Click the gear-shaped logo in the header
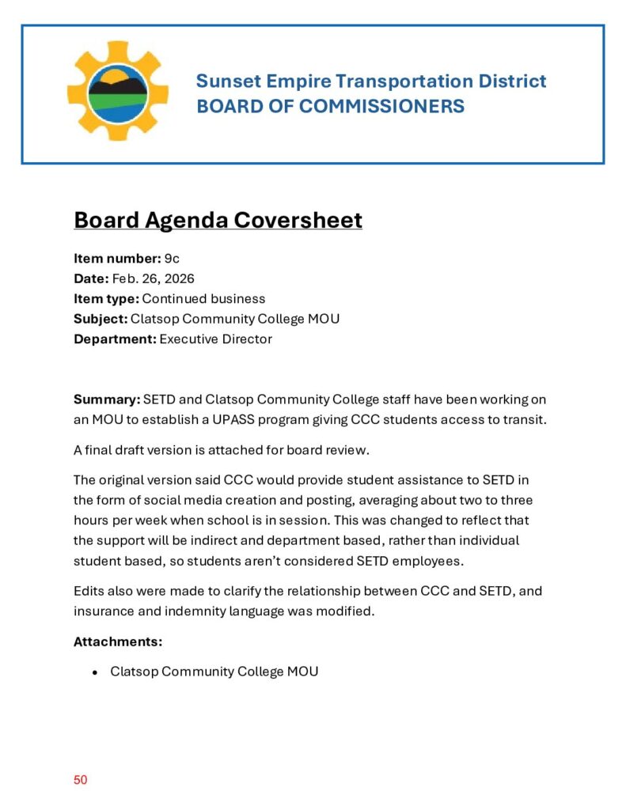pyautogui.click(x=117, y=92)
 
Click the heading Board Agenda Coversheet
pyautogui.click(x=218, y=219)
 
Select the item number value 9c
pyautogui.click(x=172, y=258)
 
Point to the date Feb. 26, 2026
pyautogui.click(x=153, y=278)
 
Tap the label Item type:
pyautogui.click(x=106, y=299)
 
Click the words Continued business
pyautogui.click(x=203, y=299)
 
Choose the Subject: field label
pyautogui.click(x=101, y=319)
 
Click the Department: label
pyautogui.click(x=115, y=339)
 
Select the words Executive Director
pyautogui.click(x=215, y=339)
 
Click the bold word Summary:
pyautogui.click(x=107, y=399)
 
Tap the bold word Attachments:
pyautogui.click(x=118, y=642)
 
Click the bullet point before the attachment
pyautogui.click(x=95, y=672)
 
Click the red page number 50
pyautogui.click(x=80, y=780)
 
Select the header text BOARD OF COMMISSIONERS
pyautogui.click(x=330, y=106)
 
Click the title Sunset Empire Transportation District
pyautogui.click(x=370, y=81)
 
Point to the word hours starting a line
pyautogui.click(x=90, y=520)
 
